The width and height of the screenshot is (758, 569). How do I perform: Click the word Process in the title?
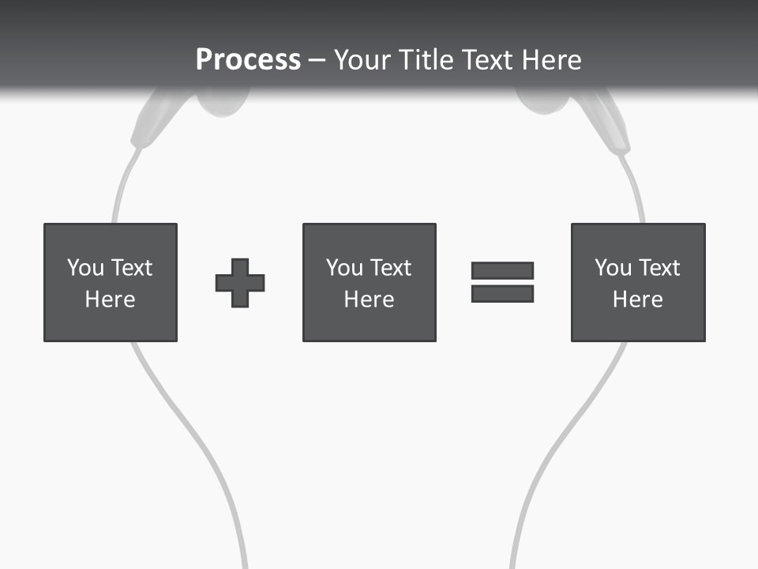tap(248, 60)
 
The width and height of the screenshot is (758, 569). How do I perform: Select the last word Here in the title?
tap(550, 60)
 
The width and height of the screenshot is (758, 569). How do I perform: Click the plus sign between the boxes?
tap(240, 283)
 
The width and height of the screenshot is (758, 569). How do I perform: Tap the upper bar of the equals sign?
tap(502, 270)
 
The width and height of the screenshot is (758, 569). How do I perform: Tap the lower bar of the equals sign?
tap(502, 294)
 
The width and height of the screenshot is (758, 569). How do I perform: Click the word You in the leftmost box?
tap(85, 268)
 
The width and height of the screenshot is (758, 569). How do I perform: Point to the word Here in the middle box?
tap(369, 300)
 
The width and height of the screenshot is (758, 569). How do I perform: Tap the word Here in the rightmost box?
tap(638, 300)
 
